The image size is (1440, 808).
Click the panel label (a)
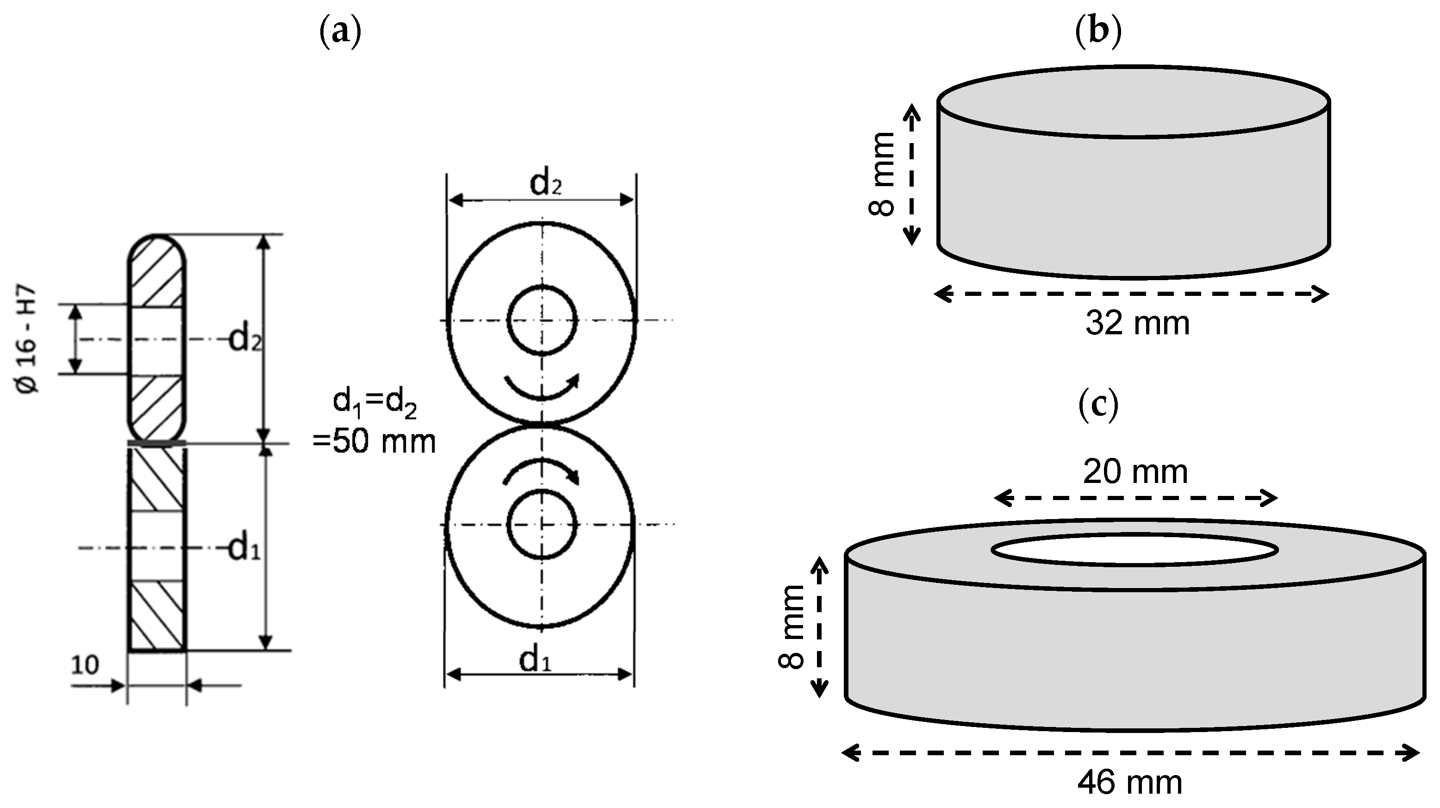click(339, 33)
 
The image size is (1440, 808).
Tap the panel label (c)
click(1098, 407)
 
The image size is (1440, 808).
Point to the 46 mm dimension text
click(1129, 783)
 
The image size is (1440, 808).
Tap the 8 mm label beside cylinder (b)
click(882, 175)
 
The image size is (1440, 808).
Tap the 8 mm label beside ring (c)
click(792, 627)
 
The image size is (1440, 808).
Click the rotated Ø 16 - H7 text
click(28, 340)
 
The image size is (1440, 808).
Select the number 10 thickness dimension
click(85, 665)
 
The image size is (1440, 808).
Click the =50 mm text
click(374, 442)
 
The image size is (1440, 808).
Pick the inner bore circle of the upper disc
click(541, 288)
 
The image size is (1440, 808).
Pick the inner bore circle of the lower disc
click(541, 491)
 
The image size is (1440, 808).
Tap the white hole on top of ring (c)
click(1135, 550)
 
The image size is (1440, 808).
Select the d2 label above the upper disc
click(545, 183)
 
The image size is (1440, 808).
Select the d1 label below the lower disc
click(535, 660)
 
